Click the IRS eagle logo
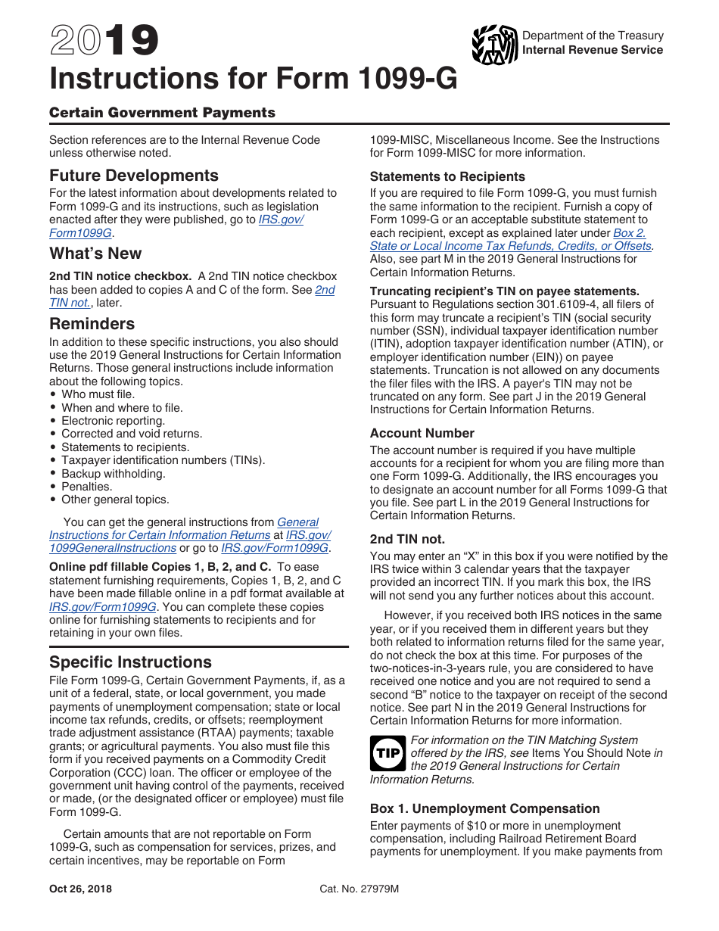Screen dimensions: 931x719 point(494,45)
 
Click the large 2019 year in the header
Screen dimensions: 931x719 point(104,42)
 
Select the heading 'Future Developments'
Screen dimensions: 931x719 point(134,176)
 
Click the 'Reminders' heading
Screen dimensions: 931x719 point(92,324)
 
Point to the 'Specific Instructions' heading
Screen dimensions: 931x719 point(130,662)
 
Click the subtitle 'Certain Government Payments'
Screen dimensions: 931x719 point(162,113)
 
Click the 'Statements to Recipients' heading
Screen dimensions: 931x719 point(447,177)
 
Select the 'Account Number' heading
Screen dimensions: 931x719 point(422,434)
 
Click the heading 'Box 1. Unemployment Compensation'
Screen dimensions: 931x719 point(484,809)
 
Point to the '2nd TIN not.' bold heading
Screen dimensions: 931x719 point(407,540)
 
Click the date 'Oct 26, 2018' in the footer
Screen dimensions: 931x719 point(80,889)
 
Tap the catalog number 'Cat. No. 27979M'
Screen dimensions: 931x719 point(359,889)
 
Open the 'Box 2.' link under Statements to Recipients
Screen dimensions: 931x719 point(629,233)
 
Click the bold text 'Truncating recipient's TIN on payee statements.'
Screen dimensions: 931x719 point(505,291)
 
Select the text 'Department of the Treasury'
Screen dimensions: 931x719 point(593,36)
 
